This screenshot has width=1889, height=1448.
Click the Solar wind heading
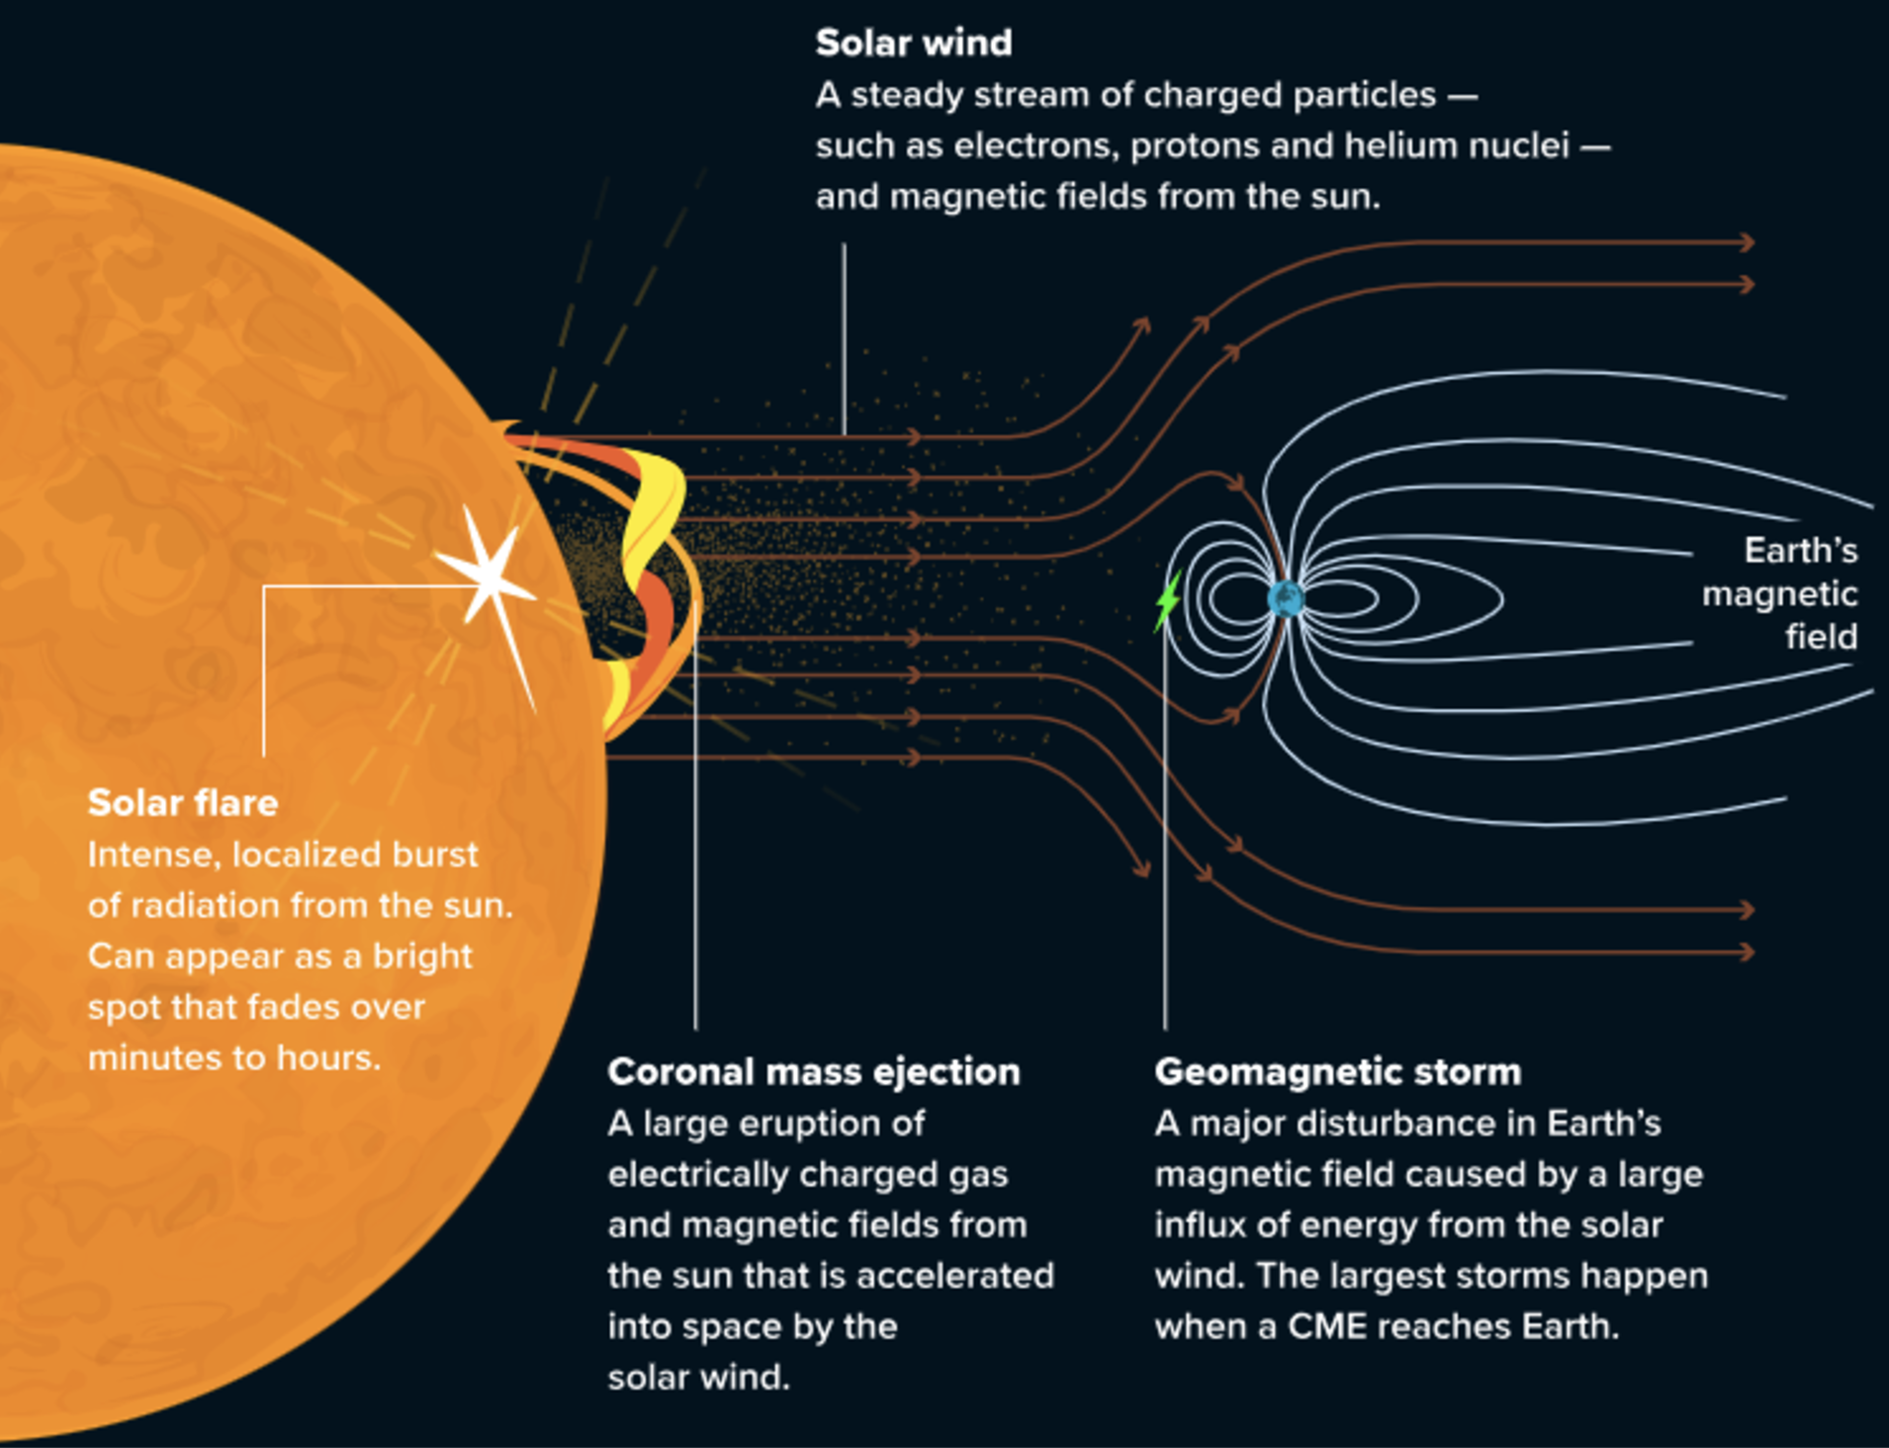tap(914, 44)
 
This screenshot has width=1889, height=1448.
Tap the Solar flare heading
tap(183, 803)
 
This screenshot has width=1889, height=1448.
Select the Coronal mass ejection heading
tap(814, 1072)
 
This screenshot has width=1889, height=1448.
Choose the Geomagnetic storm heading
tap(1338, 1072)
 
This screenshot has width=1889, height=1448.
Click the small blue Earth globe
tap(1286, 598)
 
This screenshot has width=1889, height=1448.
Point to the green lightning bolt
tap(1168, 600)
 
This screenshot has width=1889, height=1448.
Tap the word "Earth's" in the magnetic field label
tap(1801, 551)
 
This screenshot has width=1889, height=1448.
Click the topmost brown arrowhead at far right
tap(1748, 242)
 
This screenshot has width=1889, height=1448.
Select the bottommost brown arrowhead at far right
tap(1748, 951)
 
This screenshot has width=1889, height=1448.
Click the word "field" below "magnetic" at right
tap(1822, 637)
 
